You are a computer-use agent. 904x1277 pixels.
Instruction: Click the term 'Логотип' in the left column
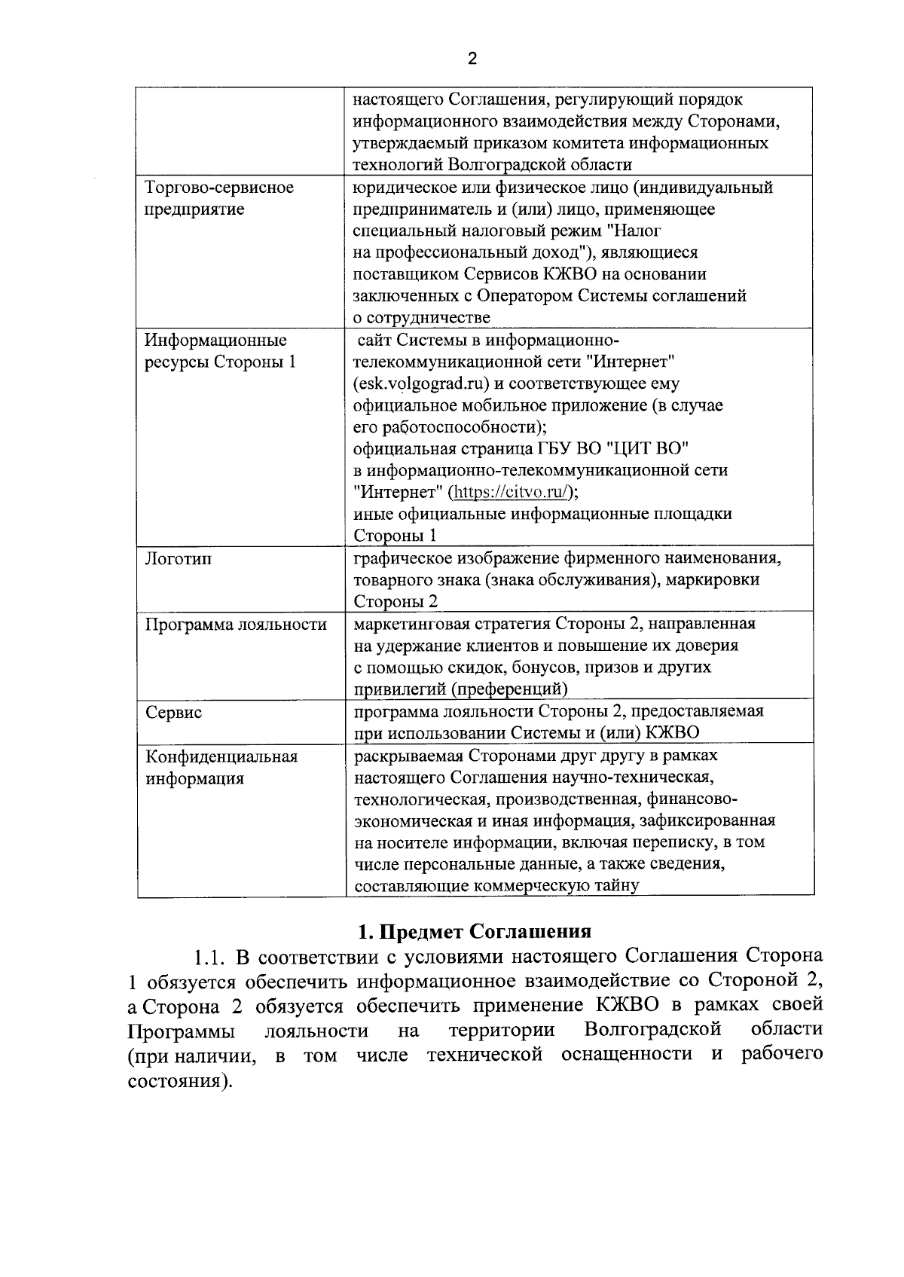(178, 559)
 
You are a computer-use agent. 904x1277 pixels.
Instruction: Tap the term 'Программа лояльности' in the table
(236, 625)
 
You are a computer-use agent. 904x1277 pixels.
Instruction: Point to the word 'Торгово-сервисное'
(219, 188)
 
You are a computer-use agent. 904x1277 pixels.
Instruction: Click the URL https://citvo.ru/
(512, 493)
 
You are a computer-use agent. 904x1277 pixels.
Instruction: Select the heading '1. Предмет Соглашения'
(475, 932)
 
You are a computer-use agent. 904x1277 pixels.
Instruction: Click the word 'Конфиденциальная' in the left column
(221, 756)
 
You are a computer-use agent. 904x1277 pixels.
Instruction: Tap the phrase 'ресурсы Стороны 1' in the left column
(220, 362)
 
